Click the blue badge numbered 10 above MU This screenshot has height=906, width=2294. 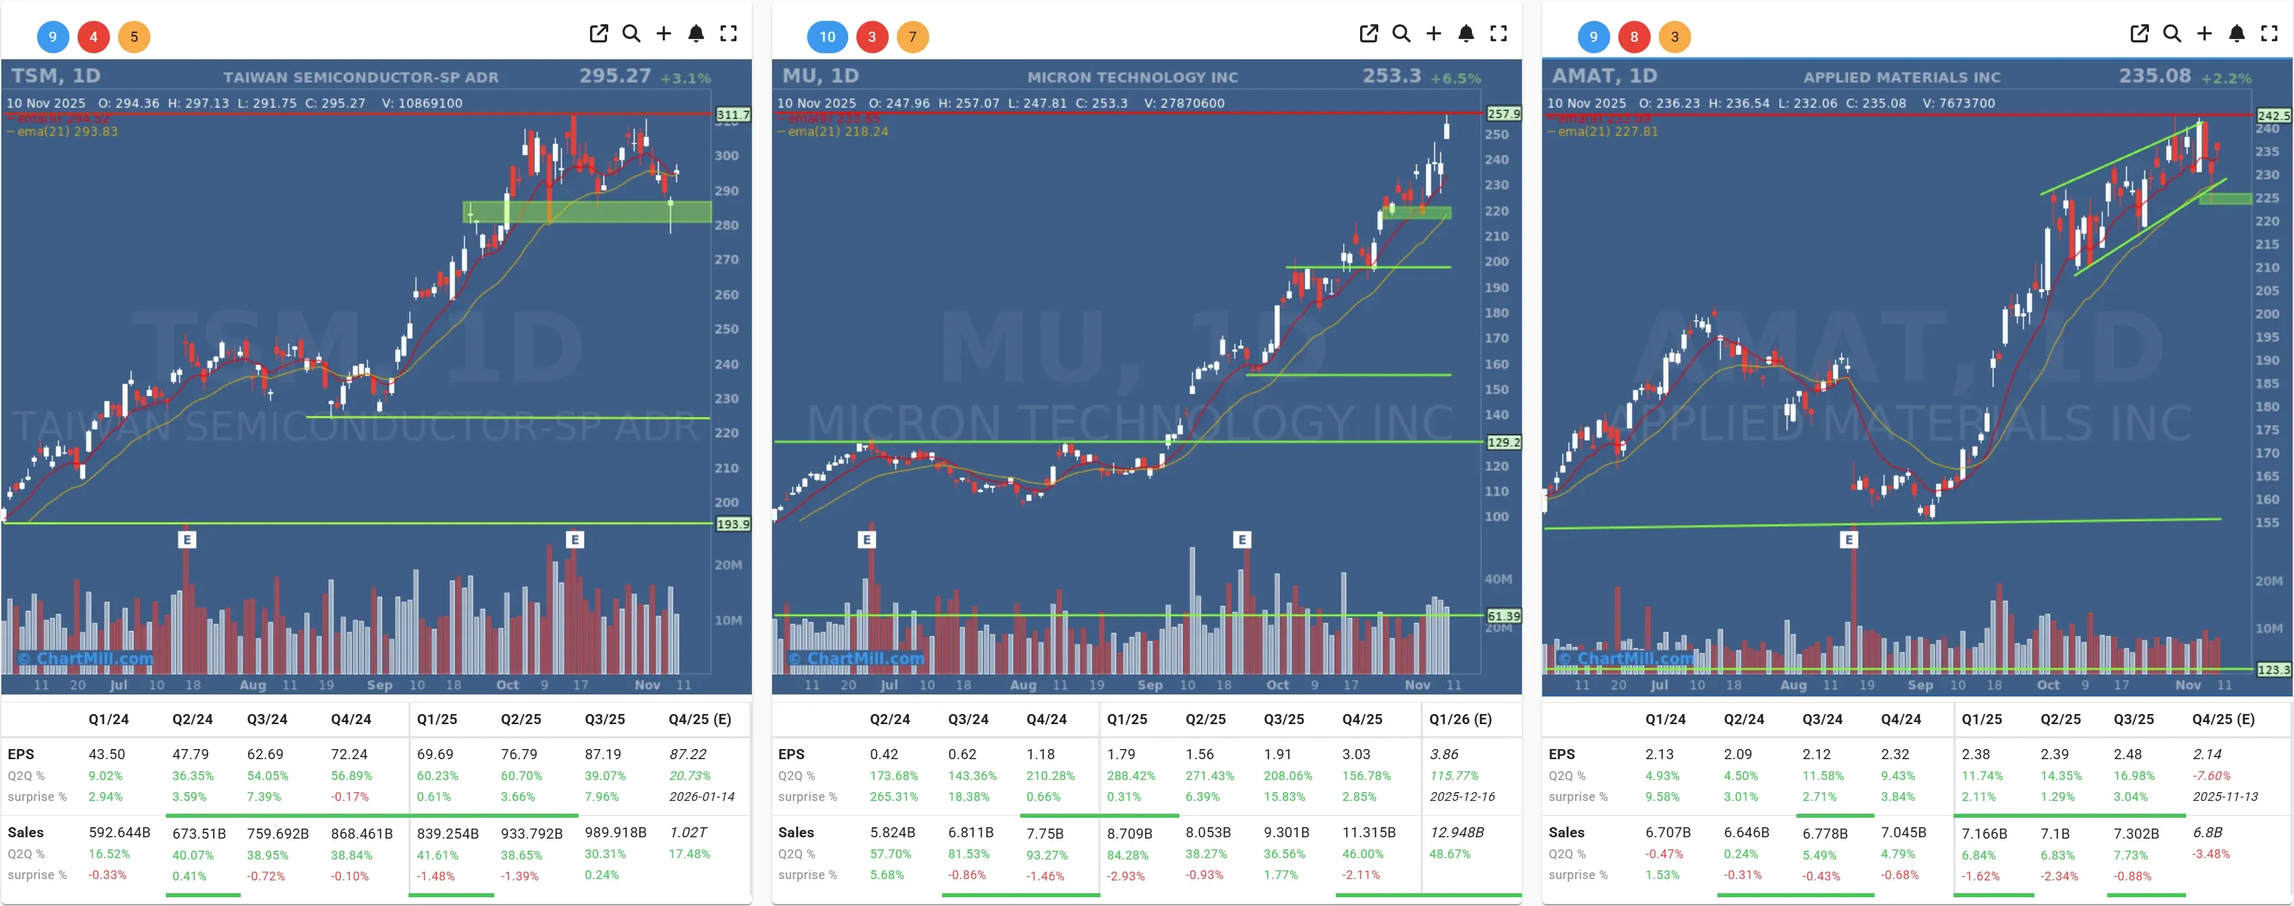(x=827, y=36)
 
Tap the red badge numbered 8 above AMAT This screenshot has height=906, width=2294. (x=1633, y=36)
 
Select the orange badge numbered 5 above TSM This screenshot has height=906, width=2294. (x=134, y=36)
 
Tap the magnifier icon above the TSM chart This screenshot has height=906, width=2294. (x=631, y=34)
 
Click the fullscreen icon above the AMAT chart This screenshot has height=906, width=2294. (x=2269, y=34)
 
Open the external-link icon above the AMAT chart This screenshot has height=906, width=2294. (x=2139, y=34)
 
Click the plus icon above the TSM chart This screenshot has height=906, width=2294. (x=664, y=34)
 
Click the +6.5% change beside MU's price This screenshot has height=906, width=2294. (x=1455, y=78)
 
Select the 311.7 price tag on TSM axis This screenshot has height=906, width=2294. (x=733, y=115)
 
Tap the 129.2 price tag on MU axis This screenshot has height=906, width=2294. (x=1503, y=443)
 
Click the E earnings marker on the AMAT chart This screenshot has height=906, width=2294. (x=1849, y=540)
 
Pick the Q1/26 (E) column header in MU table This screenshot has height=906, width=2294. (x=1460, y=719)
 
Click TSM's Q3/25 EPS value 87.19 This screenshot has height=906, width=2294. (x=603, y=754)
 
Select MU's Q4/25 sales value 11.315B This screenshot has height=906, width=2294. (x=1369, y=832)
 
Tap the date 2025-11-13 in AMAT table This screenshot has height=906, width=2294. (x=2225, y=796)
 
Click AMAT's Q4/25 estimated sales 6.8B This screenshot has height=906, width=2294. (x=2207, y=832)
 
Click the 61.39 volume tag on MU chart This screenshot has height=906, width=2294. (x=1503, y=616)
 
